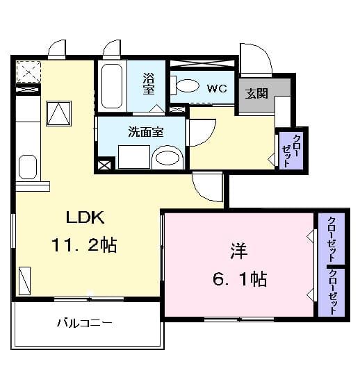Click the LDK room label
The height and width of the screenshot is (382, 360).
coord(85,217)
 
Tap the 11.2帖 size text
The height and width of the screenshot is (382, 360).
coord(83,244)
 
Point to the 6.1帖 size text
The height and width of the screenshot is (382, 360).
coord(240,279)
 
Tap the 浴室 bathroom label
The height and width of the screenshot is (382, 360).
coord(149,83)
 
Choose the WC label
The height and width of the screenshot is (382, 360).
coord(217,88)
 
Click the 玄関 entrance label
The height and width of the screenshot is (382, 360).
coord(255,94)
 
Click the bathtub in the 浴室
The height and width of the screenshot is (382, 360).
coord(111,86)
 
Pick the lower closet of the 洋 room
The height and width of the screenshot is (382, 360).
coord(334,291)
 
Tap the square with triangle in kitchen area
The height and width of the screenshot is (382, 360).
coord(59,113)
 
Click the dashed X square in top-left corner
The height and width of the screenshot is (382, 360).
coord(29,72)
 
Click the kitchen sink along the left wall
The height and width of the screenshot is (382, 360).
coord(28,167)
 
